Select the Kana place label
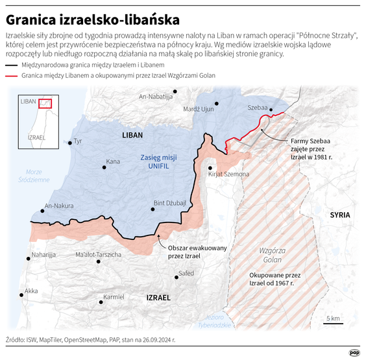(x=113, y=162)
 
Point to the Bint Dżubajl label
(x=169, y=203)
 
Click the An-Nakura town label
(x=60, y=207)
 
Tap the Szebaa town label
(x=257, y=108)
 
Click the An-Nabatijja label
(x=156, y=97)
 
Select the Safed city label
(x=186, y=273)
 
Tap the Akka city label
(x=30, y=291)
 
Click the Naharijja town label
(x=43, y=255)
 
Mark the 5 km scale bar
(x=333, y=324)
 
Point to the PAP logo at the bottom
(x=354, y=352)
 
